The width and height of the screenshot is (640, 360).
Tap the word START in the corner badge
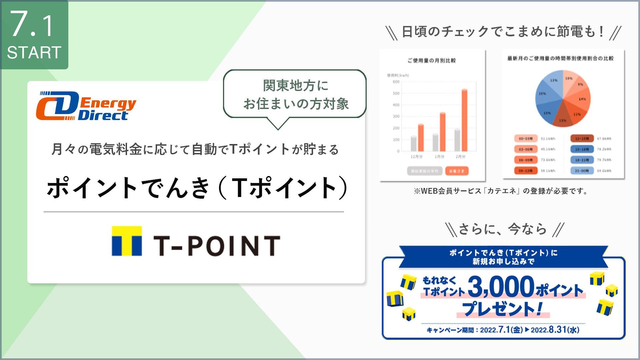34,53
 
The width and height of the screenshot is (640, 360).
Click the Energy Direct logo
86,106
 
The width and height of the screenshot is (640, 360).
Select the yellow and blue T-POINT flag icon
126,241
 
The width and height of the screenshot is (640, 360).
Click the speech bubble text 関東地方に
295,85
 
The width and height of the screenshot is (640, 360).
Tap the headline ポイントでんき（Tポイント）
197,188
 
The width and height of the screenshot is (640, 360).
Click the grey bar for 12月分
414,144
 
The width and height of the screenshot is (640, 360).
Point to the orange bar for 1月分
442,132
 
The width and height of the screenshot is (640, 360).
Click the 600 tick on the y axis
396,82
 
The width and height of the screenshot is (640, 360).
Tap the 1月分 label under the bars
439,157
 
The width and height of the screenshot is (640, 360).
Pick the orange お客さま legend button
457,171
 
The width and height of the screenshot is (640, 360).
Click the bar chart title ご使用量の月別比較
432,61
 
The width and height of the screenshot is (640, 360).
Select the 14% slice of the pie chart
580,98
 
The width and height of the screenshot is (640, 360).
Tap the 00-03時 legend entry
526,139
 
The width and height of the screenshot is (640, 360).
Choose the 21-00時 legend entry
582,171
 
